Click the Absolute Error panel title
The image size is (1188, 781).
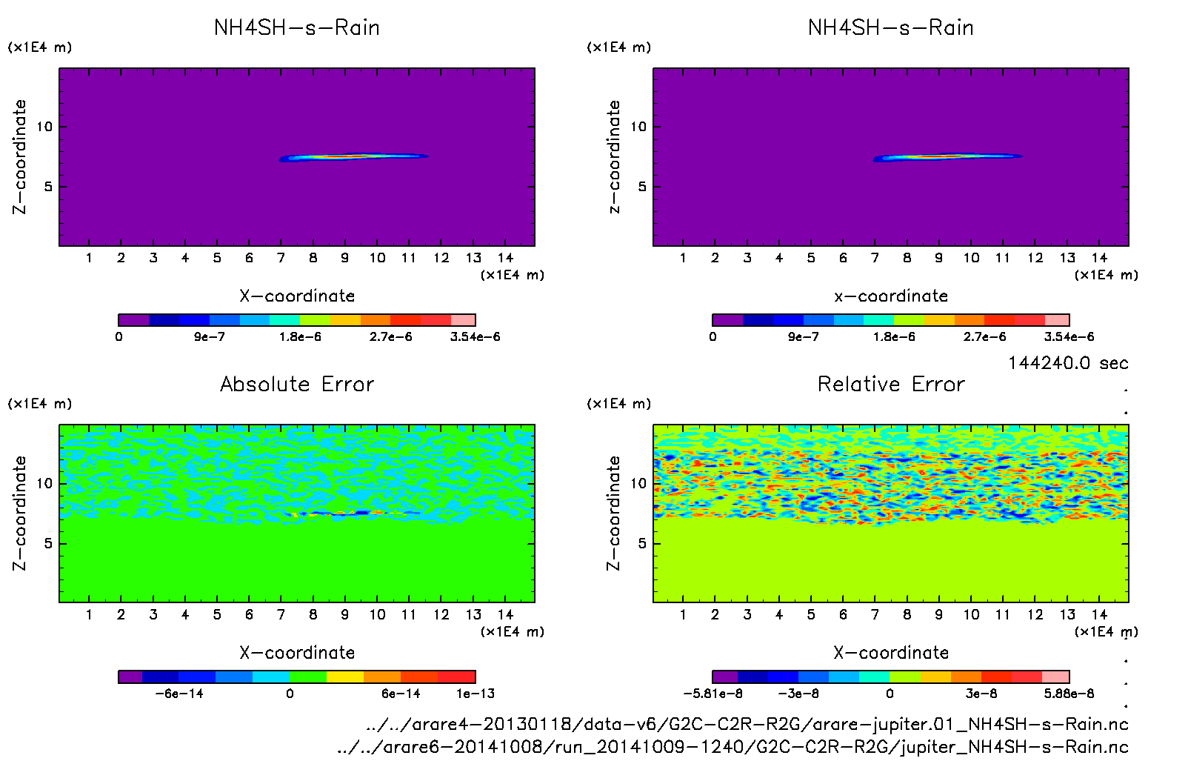pos(297,384)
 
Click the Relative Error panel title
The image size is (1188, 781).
pos(891,384)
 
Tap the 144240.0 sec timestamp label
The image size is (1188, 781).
pos(1068,363)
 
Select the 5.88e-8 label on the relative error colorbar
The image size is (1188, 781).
pos(1069,694)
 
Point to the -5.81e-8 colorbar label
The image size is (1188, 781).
pos(713,694)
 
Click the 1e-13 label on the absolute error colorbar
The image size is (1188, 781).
pos(475,694)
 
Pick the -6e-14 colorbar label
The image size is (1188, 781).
pos(178,694)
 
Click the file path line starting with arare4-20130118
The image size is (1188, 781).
pos(747,724)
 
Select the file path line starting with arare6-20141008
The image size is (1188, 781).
pos(733,747)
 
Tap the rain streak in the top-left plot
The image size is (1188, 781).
pos(354,156)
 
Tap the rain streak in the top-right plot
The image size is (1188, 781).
pos(948,156)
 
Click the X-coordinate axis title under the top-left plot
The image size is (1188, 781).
pos(297,296)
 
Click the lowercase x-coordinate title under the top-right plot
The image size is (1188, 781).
pos(891,296)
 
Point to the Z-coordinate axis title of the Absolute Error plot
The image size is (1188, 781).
pos(19,513)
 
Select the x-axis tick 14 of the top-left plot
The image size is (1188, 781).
pos(505,258)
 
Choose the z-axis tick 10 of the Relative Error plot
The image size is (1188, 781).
pos(638,483)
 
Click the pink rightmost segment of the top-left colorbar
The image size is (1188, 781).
pos(463,320)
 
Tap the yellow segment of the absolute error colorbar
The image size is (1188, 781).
pos(345,677)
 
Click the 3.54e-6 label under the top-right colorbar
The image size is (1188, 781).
pos(1069,336)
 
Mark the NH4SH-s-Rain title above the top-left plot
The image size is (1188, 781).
pos(297,27)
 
